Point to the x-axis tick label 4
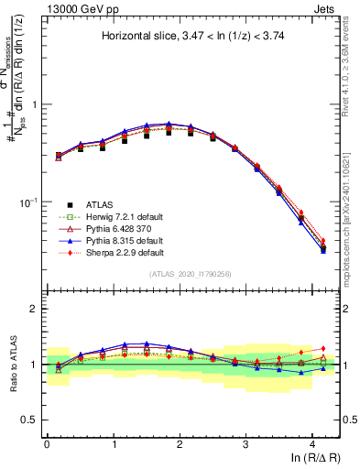pyautogui.click(x=312, y=444)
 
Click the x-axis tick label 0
pyautogui.click(x=47, y=444)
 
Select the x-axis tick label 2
pyautogui.click(x=180, y=444)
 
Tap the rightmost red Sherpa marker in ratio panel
pyautogui.click(x=322, y=348)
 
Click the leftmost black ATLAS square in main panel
pyautogui.click(x=59, y=156)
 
